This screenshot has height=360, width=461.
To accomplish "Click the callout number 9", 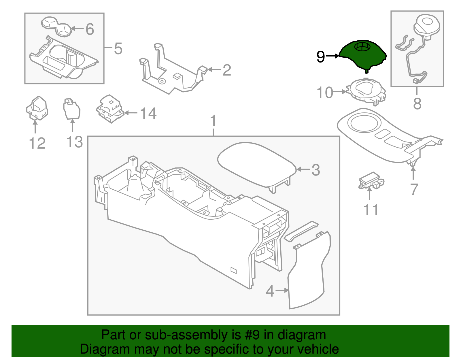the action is [x=321, y=57].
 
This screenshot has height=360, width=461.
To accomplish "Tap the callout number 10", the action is [x=325, y=93].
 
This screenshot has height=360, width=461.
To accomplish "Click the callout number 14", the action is [x=148, y=113].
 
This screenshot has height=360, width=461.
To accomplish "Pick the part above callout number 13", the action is [x=72, y=109].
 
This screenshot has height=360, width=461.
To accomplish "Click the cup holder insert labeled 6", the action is [x=56, y=27].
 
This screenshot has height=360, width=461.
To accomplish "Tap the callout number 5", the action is [x=118, y=49].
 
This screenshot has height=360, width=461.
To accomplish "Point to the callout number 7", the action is [x=414, y=189].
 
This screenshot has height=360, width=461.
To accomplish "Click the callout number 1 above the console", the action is [x=214, y=121].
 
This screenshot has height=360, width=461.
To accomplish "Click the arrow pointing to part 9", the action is [x=332, y=56].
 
